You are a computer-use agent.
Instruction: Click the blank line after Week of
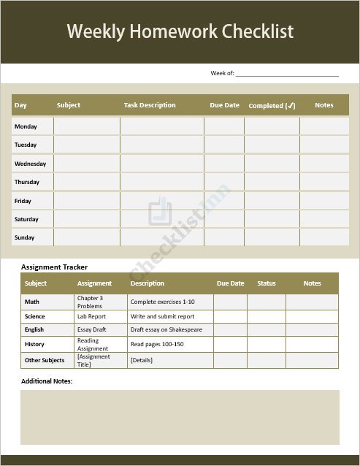coord(287,74)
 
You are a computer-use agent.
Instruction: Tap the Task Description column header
coord(150,105)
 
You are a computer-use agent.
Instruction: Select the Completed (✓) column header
coord(272,106)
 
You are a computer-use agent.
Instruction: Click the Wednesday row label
coord(30,164)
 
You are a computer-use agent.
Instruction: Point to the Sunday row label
coord(24,237)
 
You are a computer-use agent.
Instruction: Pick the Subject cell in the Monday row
coord(86,126)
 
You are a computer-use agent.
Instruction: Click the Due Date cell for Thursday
coord(224,182)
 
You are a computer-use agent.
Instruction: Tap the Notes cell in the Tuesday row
coord(324,145)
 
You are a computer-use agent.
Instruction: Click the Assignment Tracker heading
coord(54,267)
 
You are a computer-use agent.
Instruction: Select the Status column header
coord(267,283)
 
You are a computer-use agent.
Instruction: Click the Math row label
coord(31,302)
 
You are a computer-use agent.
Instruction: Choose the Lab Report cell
coord(91,317)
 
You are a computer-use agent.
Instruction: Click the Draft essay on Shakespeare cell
coord(166,330)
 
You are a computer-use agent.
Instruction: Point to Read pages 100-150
coord(157,344)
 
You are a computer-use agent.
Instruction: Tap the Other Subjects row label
coord(45,360)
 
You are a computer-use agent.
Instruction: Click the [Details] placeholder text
coord(141,360)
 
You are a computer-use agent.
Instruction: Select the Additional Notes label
coord(47,381)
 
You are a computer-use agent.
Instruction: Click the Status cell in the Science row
coord(266,317)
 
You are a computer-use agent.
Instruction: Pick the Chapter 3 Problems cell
coord(90,302)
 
